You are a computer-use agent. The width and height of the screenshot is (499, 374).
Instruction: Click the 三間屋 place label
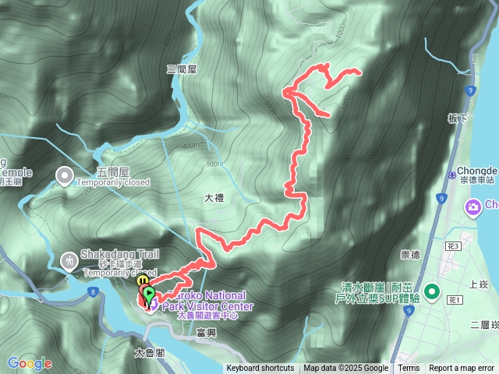point(182,69)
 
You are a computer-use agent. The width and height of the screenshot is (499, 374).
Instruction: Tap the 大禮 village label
point(214,199)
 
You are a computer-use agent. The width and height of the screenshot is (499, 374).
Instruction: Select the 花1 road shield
point(456,300)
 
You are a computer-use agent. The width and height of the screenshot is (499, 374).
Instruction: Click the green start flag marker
point(150,294)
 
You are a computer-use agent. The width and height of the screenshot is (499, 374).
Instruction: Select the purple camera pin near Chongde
point(472,206)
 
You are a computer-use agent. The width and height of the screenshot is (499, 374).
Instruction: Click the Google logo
point(29,363)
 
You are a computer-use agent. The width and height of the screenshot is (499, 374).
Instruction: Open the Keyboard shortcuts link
point(260,369)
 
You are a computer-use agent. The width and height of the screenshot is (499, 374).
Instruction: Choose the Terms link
point(409,369)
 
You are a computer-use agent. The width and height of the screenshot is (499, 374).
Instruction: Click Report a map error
point(462,369)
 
